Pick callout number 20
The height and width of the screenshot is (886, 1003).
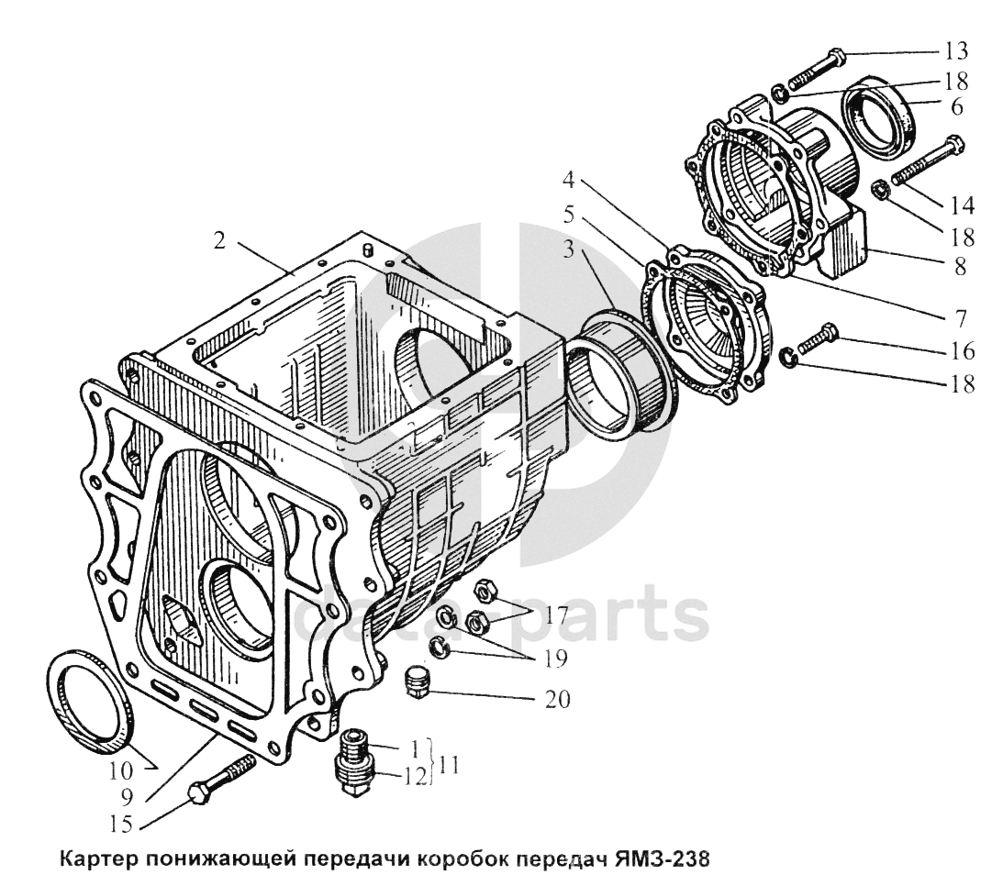(x=556, y=700)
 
